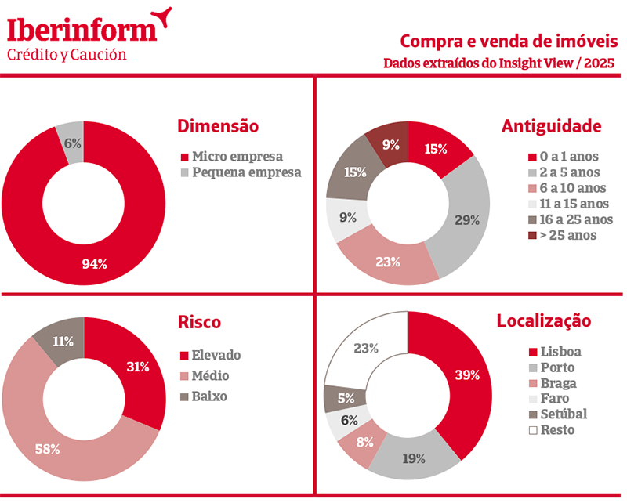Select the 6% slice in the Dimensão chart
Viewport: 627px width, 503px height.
(72, 143)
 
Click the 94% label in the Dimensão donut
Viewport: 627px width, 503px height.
(94, 263)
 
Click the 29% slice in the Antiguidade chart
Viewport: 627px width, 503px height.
(467, 219)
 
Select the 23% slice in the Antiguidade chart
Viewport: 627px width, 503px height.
(387, 261)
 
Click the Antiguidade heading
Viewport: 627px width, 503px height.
(551, 126)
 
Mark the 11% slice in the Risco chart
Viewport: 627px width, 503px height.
(63, 341)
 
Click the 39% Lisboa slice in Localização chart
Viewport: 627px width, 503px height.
(467, 375)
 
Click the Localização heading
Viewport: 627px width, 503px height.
(543, 320)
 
